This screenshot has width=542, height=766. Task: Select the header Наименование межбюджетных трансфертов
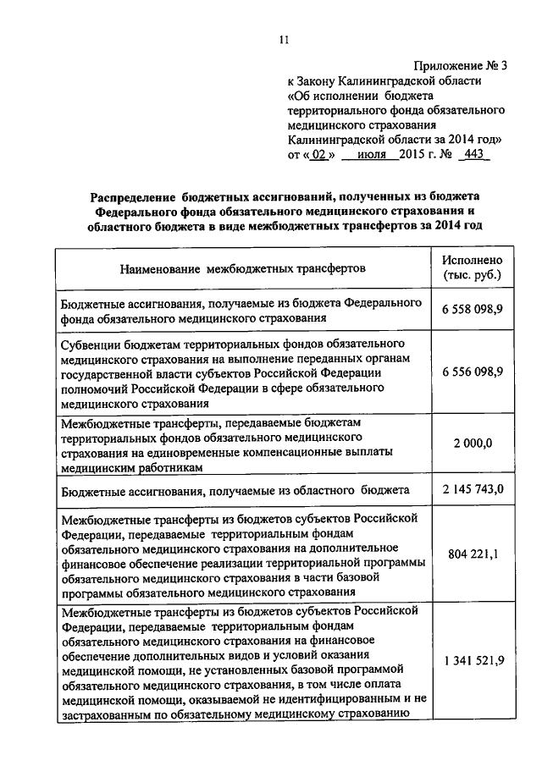[243, 269]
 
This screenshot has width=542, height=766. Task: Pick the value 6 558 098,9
[472, 310]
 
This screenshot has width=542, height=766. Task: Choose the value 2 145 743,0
[472, 489]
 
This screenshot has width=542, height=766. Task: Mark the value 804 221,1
[472, 554]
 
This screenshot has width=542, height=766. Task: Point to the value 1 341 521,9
[472, 660]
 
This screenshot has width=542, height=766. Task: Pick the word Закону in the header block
[321, 81]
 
